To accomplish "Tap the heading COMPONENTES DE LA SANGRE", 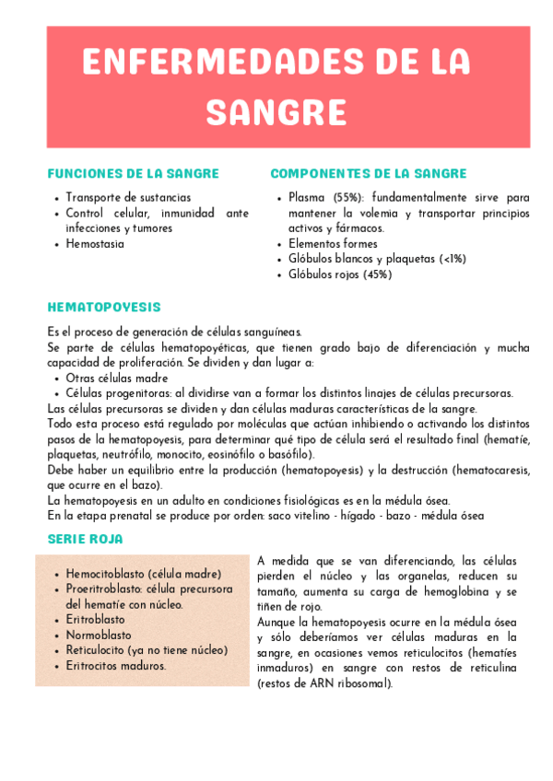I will click(x=368, y=173).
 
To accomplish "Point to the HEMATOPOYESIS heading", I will click(x=103, y=307).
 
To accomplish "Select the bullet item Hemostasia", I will click(x=95, y=244).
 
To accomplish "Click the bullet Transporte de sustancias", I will click(x=128, y=197).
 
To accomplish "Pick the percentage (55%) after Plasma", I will click(x=347, y=197).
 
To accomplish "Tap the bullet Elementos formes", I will click(x=333, y=244).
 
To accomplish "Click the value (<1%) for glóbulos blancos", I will click(x=453, y=259).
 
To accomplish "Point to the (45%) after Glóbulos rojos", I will click(x=376, y=274).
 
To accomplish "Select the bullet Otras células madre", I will click(x=117, y=378).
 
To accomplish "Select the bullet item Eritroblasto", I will click(x=95, y=619).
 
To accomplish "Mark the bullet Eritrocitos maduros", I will click(x=115, y=665).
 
